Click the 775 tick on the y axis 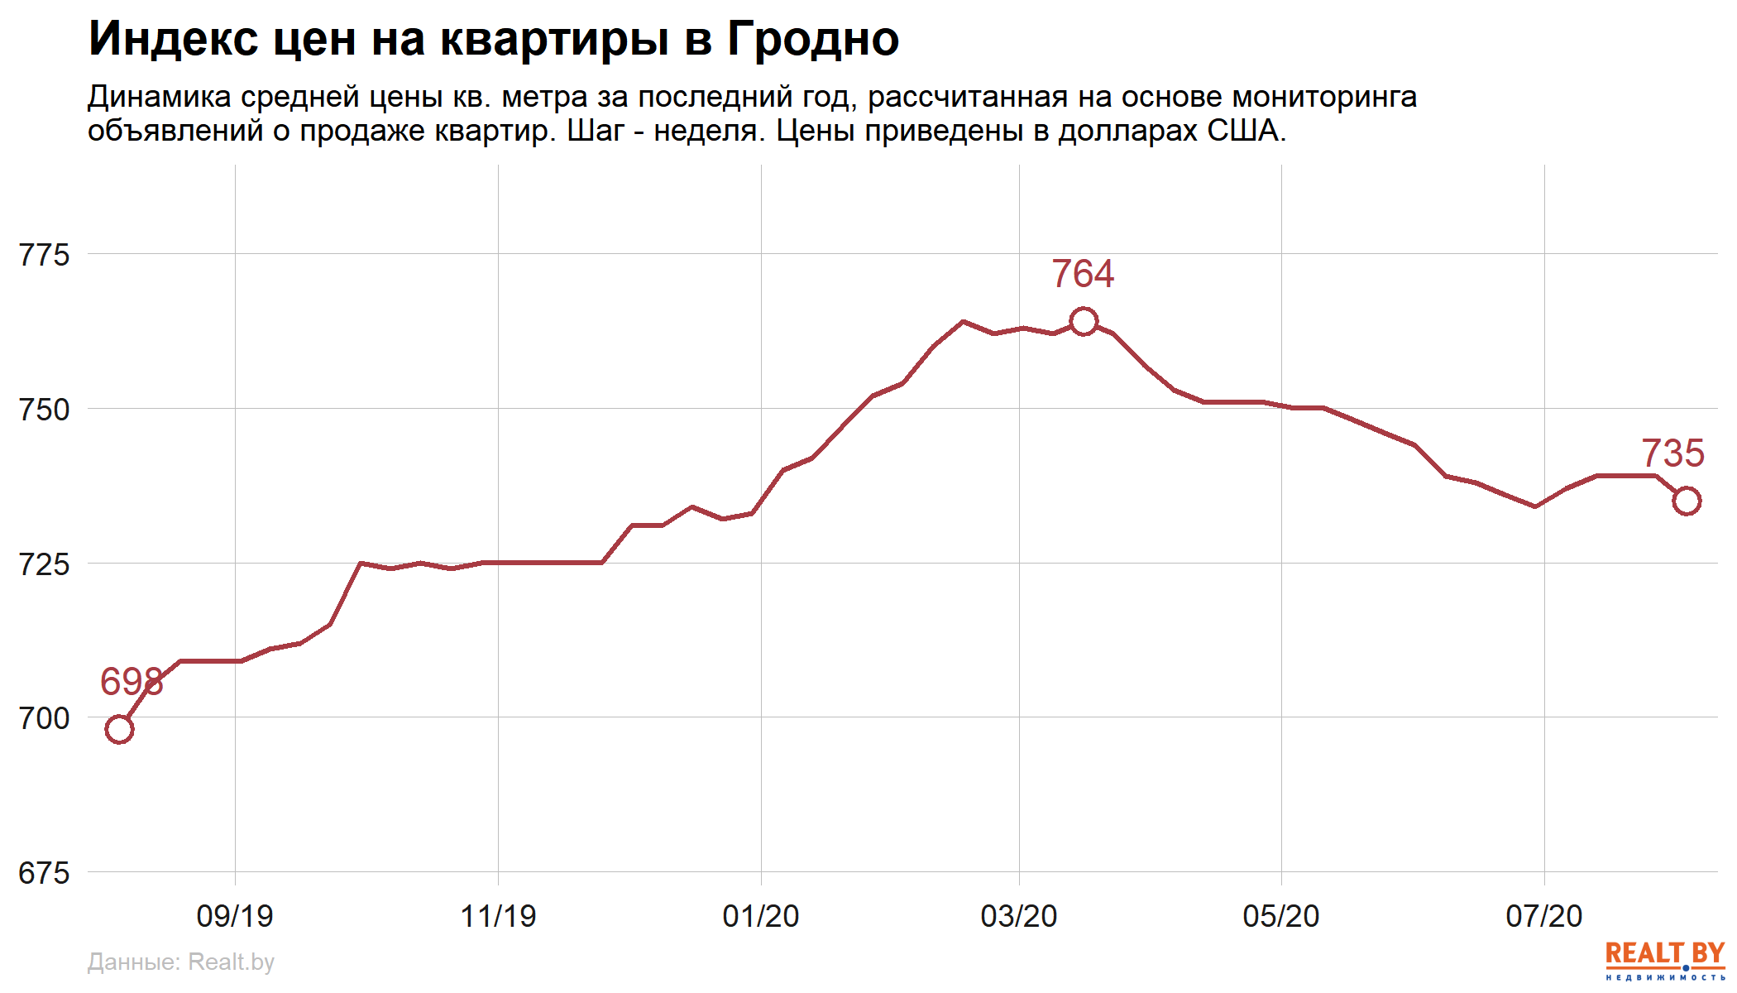44,255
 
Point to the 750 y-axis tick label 44,410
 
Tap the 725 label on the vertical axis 44,564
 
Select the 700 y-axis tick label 44,718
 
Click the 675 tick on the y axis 44,873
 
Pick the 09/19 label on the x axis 235,916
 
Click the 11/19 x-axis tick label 498,916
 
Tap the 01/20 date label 761,916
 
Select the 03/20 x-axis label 1019,916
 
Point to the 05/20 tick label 1281,916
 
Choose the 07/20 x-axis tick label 1544,916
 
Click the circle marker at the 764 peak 1084,321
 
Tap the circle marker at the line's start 119,729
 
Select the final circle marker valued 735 1687,501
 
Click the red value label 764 1083,274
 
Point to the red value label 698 132,682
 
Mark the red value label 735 1672,453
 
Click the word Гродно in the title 813,39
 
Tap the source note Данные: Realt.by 180,962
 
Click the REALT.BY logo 1664,960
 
